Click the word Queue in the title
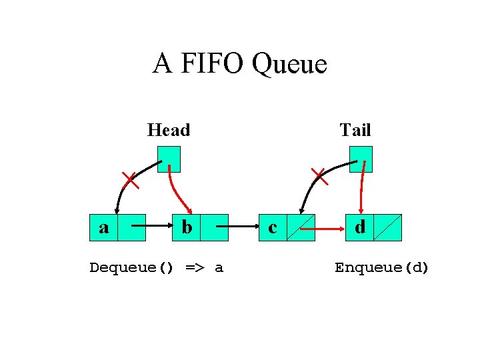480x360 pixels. pos(291,65)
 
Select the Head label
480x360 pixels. pos(169,130)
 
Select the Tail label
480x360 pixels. pos(355,130)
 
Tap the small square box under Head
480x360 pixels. pos(169,159)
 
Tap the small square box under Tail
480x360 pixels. pos(360,159)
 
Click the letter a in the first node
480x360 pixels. pos(104,227)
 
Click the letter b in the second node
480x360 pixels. pos(187,227)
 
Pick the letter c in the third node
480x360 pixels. pos(273,227)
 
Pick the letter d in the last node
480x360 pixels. pos(360,227)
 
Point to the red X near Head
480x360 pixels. pos(129,179)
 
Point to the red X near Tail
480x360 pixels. pos(320,177)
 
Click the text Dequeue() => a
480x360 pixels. pos(157,268)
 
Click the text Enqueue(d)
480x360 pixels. pos(382,268)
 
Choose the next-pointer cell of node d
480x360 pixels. pos(388,227)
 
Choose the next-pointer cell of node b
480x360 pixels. pos(214,227)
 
